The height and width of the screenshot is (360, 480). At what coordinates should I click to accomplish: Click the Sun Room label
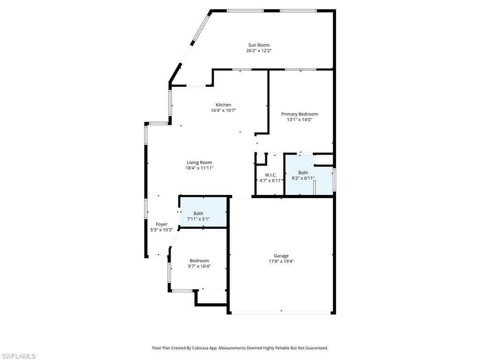259,45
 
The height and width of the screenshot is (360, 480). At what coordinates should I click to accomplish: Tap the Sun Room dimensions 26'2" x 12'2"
259,51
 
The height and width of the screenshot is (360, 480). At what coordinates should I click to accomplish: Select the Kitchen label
223,105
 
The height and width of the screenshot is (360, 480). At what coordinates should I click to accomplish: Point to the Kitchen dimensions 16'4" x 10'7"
223,111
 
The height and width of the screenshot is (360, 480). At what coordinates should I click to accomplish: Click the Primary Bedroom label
299,114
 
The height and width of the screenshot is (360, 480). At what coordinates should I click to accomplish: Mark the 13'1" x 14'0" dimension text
299,120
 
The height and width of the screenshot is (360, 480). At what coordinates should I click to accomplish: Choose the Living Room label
199,162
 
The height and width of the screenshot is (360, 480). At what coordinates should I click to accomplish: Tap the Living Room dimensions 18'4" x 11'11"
199,168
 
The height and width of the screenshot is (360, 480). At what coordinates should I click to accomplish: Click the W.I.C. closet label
270,175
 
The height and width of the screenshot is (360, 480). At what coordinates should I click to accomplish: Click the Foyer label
161,224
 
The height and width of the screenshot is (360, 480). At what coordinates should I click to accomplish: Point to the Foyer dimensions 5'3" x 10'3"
161,230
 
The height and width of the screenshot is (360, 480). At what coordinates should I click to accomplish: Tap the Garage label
281,255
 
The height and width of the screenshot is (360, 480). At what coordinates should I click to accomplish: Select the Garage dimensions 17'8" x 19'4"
281,262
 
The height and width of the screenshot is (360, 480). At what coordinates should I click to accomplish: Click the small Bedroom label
199,261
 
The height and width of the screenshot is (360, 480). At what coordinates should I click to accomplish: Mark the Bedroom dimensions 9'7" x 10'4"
199,266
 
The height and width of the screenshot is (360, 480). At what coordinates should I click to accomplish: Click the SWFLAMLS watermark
18,356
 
